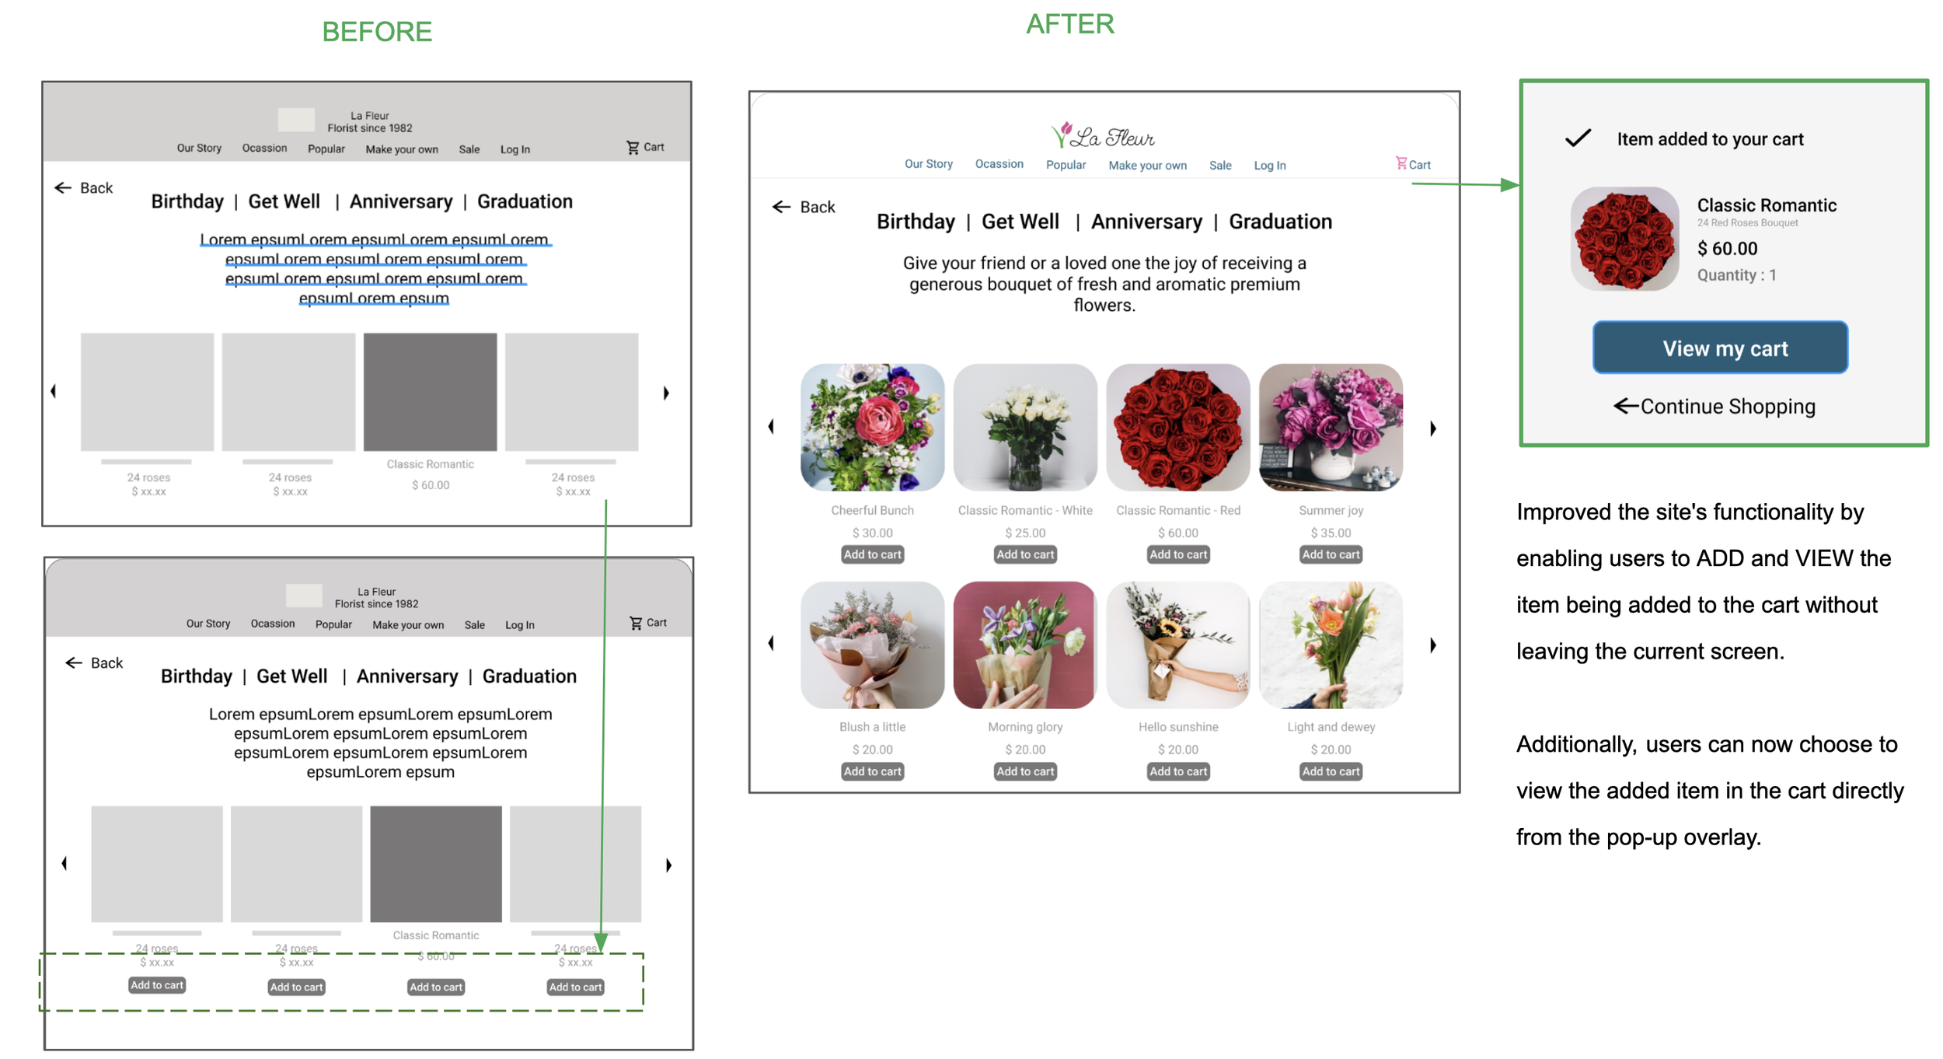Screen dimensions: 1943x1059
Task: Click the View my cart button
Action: pyautogui.click(x=1719, y=348)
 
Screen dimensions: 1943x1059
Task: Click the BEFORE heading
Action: pyautogui.click(x=377, y=32)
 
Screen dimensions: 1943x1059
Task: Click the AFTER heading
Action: pyautogui.click(x=1069, y=24)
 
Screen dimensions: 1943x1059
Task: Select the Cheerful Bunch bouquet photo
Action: pyautogui.click(x=872, y=427)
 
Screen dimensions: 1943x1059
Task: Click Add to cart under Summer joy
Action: pyautogui.click(x=1331, y=554)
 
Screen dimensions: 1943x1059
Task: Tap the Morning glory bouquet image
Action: pyautogui.click(x=1024, y=645)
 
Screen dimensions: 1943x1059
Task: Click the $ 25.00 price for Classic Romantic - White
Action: pyautogui.click(x=1024, y=533)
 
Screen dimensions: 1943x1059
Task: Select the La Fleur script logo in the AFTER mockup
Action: pyautogui.click(x=1103, y=136)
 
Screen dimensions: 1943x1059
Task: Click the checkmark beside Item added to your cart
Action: pyautogui.click(x=1578, y=138)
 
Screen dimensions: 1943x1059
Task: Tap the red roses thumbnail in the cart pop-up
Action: pyautogui.click(x=1624, y=239)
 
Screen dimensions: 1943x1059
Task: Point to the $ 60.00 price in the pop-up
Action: pyautogui.click(x=1726, y=249)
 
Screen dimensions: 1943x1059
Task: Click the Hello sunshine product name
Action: pyautogui.click(x=1177, y=727)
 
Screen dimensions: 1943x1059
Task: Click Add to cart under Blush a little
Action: pyautogui.click(x=872, y=771)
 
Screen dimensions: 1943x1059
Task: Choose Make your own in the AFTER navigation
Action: pyautogui.click(x=1147, y=165)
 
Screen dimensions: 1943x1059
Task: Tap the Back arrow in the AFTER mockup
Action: pyautogui.click(x=781, y=207)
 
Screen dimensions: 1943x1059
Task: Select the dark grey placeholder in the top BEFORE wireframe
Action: pyautogui.click(x=430, y=392)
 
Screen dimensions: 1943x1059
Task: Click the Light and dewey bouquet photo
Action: pyautogui.click(x=1331, y=645)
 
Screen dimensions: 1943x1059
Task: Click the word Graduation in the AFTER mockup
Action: pyautogui.click(x=1279, y=222)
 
